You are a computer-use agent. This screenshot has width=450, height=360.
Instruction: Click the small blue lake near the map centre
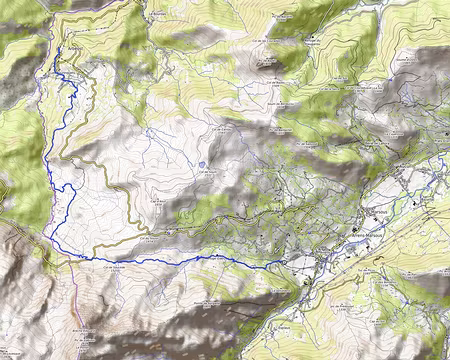(x=202, y=164)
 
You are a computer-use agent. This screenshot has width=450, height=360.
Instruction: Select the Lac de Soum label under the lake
(x=207, y=174)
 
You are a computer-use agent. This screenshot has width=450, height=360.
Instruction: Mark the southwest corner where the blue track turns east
(x=50, y=237)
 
